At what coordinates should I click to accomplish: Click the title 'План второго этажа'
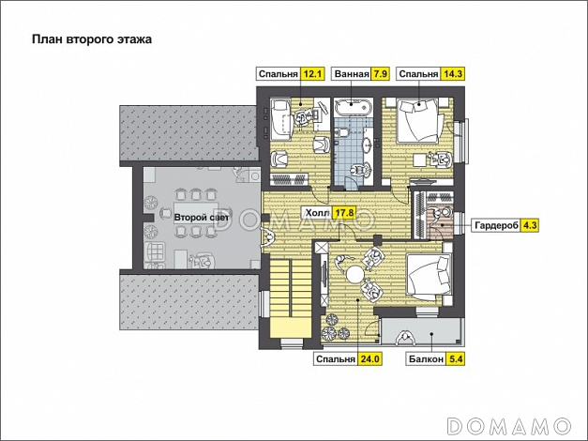[x=92, y=39]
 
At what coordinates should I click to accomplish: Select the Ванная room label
[x=352, y=74]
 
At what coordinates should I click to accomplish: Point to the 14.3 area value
[x=453, y=74]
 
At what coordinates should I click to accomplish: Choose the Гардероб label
[x=496, y=225]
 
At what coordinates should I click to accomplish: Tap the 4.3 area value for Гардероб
[x=530, y=225]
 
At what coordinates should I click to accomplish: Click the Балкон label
[x=426, y=359]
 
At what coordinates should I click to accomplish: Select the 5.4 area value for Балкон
[x=456, y=359]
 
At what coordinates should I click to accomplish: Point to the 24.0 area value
[x=370, y=359]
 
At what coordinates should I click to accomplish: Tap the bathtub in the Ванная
[x=354, y=107]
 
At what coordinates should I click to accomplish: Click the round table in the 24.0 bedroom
[x=354, y=274]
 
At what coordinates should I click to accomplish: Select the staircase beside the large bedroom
[x=291, y=297]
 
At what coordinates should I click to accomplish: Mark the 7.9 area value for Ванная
[x=380, y=74]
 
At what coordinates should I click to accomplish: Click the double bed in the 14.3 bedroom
[x=417, y=120]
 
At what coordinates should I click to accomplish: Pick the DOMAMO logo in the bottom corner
[x=509, y=426]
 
